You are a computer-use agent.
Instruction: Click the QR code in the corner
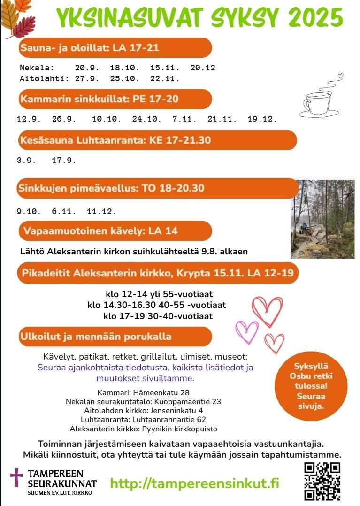tap(322, 481)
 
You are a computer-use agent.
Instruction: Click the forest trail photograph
tap(322, 219)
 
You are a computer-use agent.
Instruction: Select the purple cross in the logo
tap(16, 477)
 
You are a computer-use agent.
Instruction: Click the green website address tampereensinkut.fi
tap(194, 483)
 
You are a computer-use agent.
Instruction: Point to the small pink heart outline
tap(247, 331)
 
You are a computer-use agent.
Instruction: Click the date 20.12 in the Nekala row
tap(203, 68)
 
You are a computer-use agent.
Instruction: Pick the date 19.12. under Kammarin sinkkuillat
tap(262, 119)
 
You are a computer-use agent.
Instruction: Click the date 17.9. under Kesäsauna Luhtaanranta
tap(64, 160)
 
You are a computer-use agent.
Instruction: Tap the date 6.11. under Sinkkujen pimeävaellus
tap(64, 212)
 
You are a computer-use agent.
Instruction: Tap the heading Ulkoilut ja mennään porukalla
tap(96, 337)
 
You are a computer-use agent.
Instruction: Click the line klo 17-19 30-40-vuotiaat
tap(158, 316)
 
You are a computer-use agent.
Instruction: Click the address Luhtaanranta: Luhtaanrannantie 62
tap(143, 420)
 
